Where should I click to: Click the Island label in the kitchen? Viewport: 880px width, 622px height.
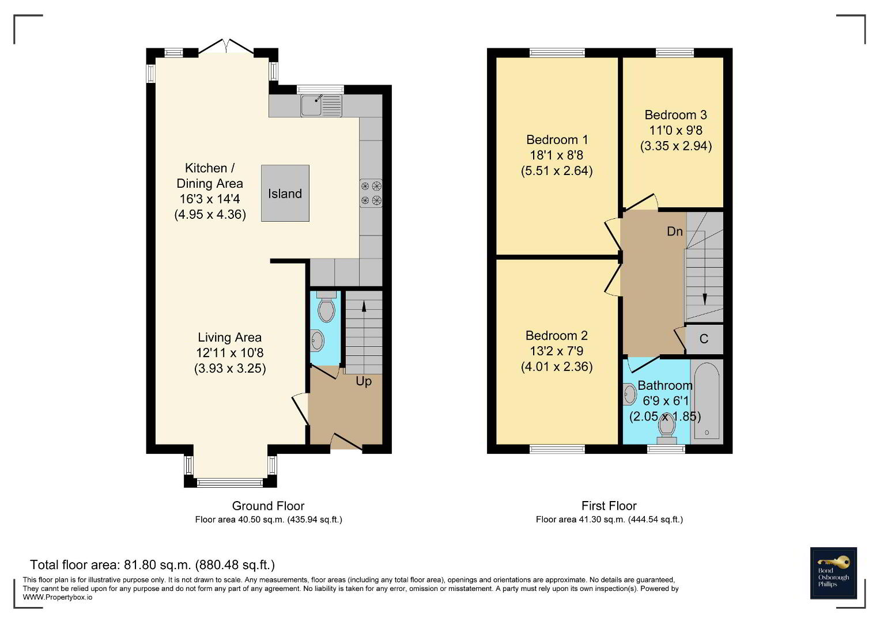[x=285, y=194]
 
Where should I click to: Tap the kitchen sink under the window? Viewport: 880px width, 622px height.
[x=322, y=105]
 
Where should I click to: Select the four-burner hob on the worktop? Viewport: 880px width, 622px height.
[x=371, y=193]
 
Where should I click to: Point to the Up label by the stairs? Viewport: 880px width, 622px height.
[x=364, y=382]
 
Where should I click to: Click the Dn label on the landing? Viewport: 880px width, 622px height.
[x=674, y=232]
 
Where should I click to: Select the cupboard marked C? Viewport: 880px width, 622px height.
[x=704, y=339]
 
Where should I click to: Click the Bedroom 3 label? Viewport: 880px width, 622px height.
[x=676, y=115]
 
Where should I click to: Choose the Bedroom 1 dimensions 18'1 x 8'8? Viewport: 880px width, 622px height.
[x=557, y=155]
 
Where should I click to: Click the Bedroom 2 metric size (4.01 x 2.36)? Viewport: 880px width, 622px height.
[x=557, y=366]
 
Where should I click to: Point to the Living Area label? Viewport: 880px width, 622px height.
[x=229, y=337]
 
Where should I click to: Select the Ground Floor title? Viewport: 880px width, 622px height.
[x=268, y=506]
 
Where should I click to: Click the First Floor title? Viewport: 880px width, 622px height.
[x=609, y=506]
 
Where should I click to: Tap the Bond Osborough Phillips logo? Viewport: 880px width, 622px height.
[x=833, y=573]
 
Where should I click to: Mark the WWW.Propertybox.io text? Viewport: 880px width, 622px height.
[x=58, y=597]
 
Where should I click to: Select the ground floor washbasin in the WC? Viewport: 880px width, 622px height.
[x=316, y=340]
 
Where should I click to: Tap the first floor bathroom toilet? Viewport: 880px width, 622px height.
[x=666, y=430]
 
